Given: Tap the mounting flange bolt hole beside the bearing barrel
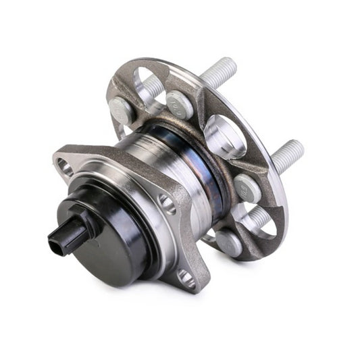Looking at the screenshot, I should (166, 200).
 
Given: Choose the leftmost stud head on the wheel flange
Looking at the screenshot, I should (122, 108).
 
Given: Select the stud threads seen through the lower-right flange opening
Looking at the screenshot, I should (256, 217).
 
